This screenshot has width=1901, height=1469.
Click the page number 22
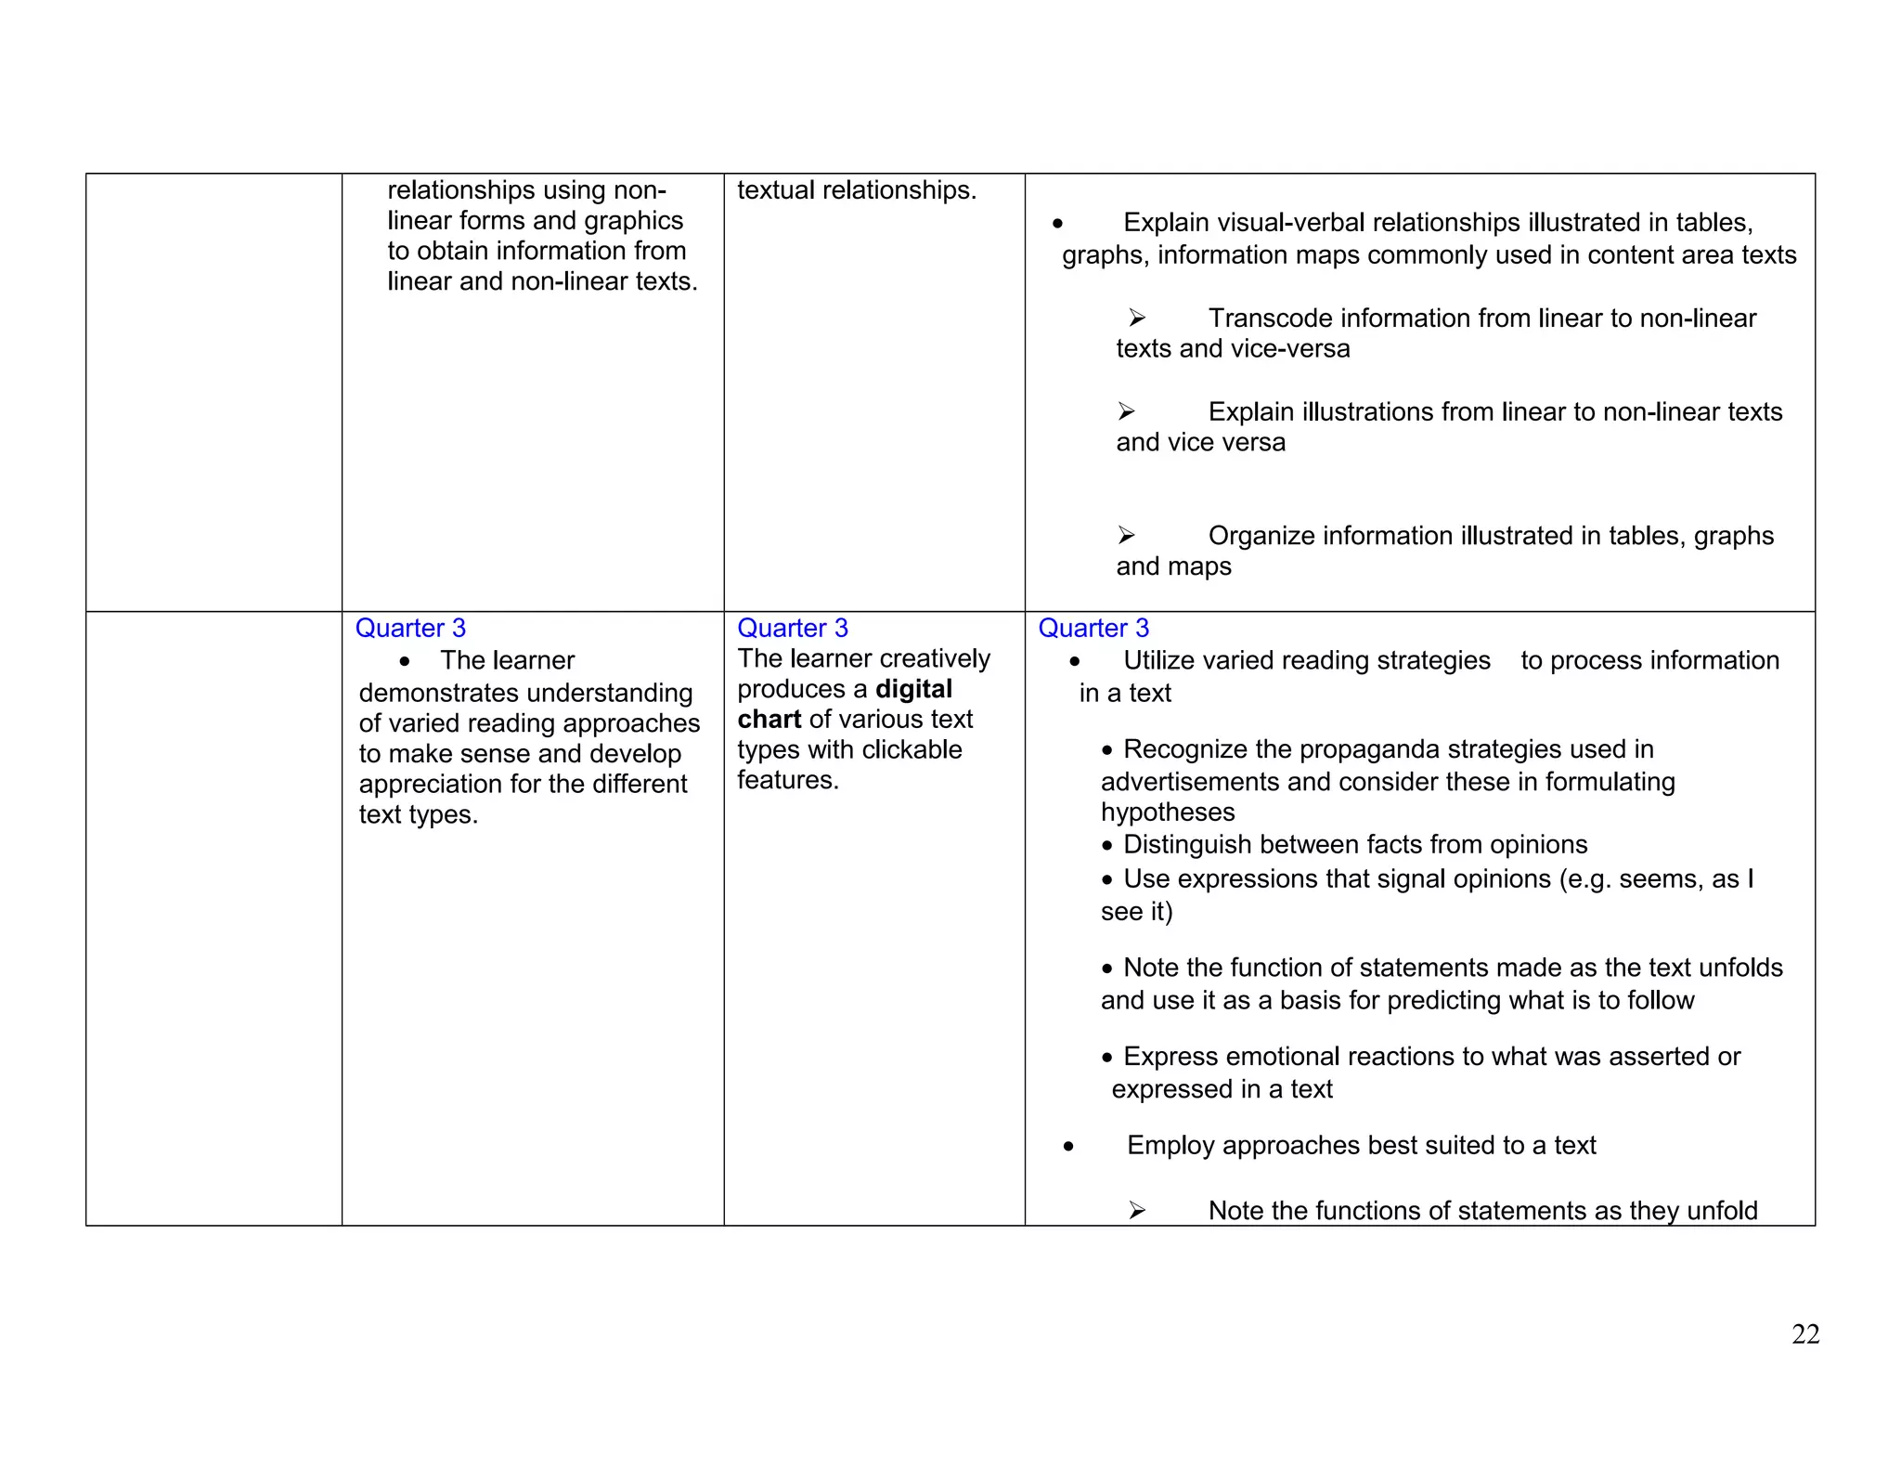[1804, 1334]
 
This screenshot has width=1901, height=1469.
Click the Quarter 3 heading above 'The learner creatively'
[792, 629]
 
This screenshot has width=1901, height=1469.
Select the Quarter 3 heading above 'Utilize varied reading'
[1093, 629]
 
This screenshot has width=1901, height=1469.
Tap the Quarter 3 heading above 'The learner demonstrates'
[410, 629]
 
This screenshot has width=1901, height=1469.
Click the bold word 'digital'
[913, 689]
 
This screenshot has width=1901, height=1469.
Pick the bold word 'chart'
[769, 720]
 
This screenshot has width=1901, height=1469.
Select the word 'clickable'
[910, 750]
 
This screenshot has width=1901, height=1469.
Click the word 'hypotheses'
[1168, 812]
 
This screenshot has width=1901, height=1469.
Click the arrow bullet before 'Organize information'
[1126, 536]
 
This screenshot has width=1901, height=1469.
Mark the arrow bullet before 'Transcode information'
[1137, 318]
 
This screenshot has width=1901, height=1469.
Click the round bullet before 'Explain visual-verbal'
[1057, 224]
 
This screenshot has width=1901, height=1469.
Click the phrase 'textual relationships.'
[857, 190]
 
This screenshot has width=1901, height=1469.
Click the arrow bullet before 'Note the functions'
[1137, 1211]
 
